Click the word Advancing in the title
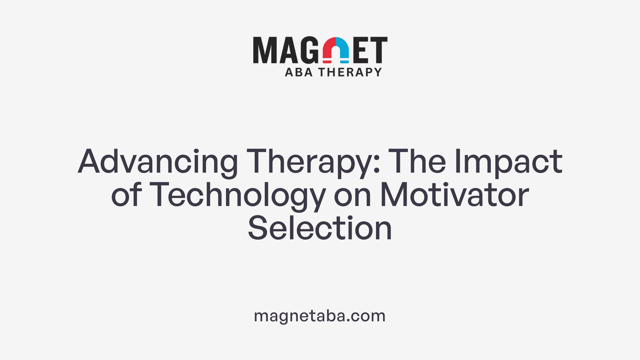tap(158, 162)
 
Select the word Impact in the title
tap(508, 162)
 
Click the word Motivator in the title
tap(454, 195)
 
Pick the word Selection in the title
tap(320, 229)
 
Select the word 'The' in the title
tap(417, 162)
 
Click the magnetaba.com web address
tap(320, 316)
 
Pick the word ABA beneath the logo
tap(299, 72)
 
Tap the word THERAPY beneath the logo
tap(350, 72)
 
